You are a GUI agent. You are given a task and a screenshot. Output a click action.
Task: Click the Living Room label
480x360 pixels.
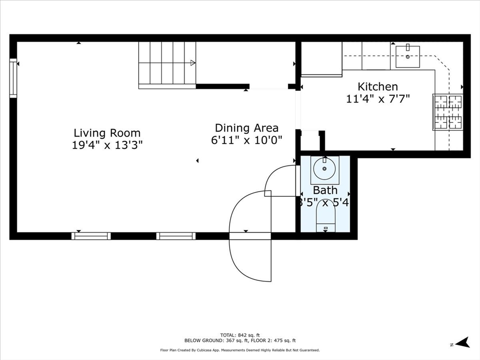tap(107, 133)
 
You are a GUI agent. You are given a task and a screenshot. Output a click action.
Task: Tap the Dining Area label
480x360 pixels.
tap(247, 128)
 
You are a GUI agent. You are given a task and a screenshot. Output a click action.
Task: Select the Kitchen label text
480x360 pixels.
tap(378, 87)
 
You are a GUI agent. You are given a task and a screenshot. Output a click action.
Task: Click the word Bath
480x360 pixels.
tap(325, 190)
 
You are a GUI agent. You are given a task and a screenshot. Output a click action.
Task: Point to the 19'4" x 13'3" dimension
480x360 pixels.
tap(107, 145)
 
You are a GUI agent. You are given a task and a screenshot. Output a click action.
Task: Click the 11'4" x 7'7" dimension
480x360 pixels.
tap(378, 98)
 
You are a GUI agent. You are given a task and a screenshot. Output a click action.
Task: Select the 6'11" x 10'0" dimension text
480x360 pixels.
tap(247, 140)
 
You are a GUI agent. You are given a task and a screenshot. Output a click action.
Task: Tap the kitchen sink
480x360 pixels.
tap(407, 57)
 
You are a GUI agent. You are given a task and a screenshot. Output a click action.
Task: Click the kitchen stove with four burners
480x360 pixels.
tap(448, 112)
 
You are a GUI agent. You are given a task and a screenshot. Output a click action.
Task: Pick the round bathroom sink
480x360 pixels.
tap(324, 169)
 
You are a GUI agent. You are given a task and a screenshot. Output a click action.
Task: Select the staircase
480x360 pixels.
tap(167, 64)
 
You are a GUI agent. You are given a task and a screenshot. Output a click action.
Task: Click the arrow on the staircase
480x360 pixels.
tap(192, 62)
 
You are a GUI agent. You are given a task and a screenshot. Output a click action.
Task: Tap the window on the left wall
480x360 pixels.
tap(13, 78)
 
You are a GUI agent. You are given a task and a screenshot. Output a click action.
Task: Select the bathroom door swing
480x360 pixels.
tap(280, 180)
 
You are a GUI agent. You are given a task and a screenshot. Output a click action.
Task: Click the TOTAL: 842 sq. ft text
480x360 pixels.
tap(240, 335)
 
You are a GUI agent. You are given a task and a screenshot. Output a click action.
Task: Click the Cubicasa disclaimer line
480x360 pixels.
tap(240, 350)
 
